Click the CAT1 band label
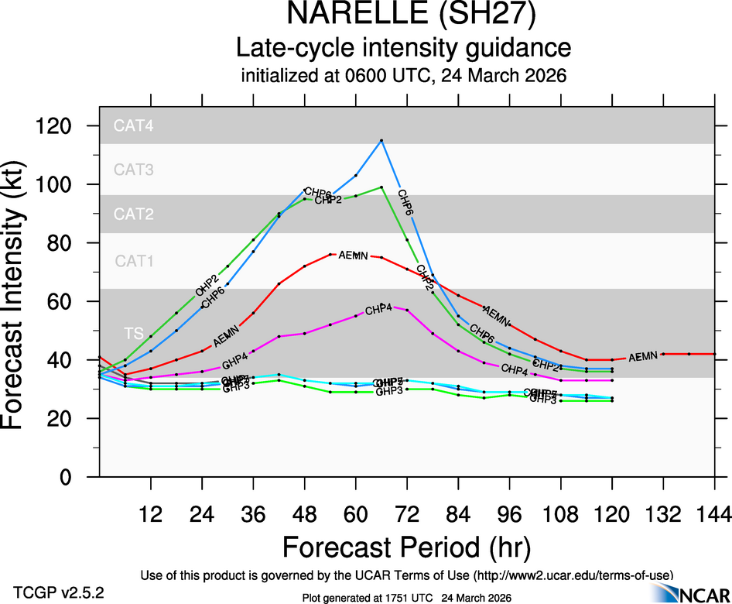point(134,261)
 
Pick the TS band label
point(133,333)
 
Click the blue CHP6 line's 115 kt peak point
point(381,140)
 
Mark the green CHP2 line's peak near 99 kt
point(381,187)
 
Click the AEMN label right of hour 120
point(643,357)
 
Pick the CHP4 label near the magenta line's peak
point(379,310)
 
